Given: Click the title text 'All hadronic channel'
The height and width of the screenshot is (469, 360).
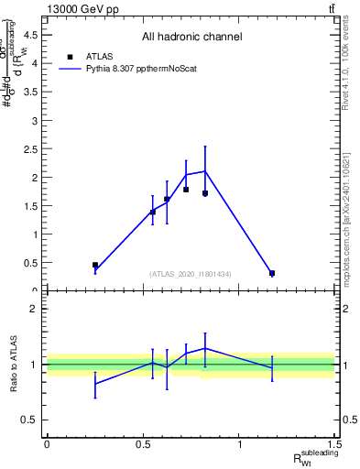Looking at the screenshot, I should coord(191,38).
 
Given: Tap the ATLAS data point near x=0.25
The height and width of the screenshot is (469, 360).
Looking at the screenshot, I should coord(95,265).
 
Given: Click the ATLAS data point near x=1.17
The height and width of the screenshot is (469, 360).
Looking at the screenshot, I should coord(272,273).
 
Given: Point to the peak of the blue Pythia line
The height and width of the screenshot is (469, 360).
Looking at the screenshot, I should coord(205,171).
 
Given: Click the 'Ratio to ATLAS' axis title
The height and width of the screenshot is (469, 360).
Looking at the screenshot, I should coord(14,364).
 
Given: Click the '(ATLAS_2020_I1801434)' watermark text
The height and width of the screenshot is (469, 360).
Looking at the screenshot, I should coord(191,274).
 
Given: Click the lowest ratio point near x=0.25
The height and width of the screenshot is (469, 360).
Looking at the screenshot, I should coord(95,384).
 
